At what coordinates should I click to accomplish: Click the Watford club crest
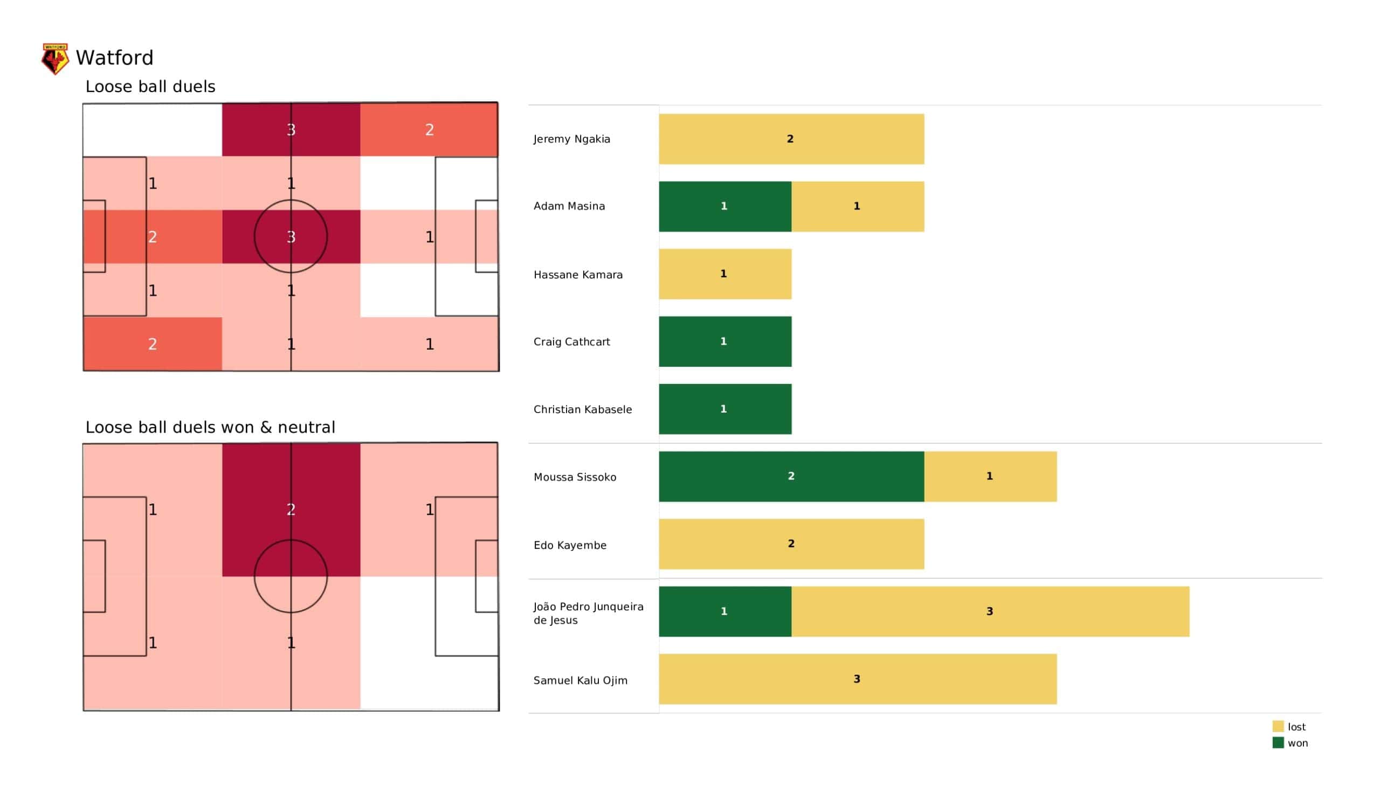pyautogui.click(x=56, y=59)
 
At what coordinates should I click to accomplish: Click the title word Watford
pyautogui.click(x=114, y=58)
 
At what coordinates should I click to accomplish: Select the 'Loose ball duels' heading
pyautogui.click(x=150, y=87)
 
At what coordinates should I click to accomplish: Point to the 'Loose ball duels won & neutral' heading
pyautogui.click(x=210, y=427)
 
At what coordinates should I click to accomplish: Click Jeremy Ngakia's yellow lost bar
pyautogui.click(x=791, y=139)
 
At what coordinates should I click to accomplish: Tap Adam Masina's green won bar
pyautogui.click(x=724, y=206)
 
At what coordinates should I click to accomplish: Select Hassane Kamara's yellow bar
pyautogui.click(x=724, y=274)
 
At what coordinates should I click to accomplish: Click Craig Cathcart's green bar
pyautogui.click(x=724, y=341)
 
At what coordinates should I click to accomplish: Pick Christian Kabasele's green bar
pyautogui.click(x=724, y=409)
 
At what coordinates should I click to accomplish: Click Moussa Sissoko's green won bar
pyautogui.click(x=791, y=476)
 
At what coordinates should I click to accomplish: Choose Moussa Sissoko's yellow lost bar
pyautogui.click(x=990, y=476)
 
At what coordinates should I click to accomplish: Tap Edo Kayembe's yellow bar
pyautogui.click(x=791, y=544)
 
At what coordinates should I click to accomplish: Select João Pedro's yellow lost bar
pyautogui.click(x=990, y=611)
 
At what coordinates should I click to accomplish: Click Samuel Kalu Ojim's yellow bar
pyautogui.click(x=857, y=679)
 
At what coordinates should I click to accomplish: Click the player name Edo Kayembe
pyautogui.click(x=570, y=545)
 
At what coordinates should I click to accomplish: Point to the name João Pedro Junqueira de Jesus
pyautogui.click(x=588, y=613)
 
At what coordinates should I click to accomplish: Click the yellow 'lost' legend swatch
pyautogui.click(x=1278, y=727)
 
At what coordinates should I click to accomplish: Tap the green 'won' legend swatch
pyautogui.click(x=1278, y=743)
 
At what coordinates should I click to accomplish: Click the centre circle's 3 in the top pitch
pyautogui.click(x=291, y=237)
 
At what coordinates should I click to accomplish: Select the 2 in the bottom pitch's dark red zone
pyautogui.click(x=291, y=509)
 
